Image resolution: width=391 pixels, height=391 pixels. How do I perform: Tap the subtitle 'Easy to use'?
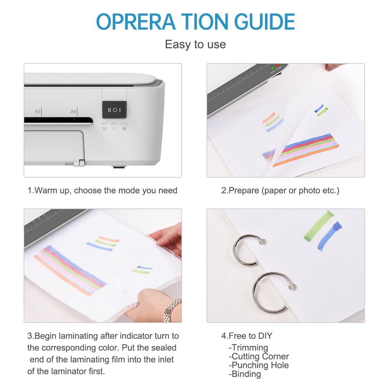tap(195, 44)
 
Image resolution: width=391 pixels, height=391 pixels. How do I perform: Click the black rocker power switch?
tap(114, 110)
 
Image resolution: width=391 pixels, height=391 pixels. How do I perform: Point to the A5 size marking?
tap(38, 111)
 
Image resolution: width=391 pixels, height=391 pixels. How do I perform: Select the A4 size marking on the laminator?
tap(74, 111)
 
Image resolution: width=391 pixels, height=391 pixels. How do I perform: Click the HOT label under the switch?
tap(104, 124)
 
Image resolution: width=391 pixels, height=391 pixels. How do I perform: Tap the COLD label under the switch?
tap(124, 124)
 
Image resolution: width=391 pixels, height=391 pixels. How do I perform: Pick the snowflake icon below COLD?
tap(124, 129)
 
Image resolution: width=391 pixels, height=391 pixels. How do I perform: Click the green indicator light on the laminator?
tap(272, 68)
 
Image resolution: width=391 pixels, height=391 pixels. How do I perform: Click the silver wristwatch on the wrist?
tap(173, 310)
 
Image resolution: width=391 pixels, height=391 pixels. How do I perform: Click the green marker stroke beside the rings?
tap(318, 226)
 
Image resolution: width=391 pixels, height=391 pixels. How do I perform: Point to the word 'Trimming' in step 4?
tap(250, 347)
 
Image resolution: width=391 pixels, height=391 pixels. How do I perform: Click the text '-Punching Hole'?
tap(259, 365)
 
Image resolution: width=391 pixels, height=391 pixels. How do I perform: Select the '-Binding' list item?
tap(245, 374)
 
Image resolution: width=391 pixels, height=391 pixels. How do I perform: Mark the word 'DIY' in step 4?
tap(265, 336)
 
